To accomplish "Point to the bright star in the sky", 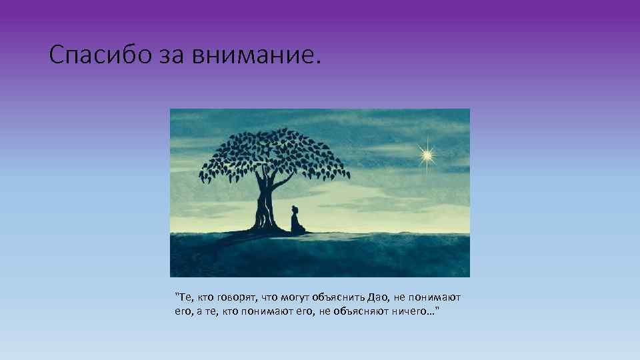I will (426, 155).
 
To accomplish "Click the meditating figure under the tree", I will (297, 221).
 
